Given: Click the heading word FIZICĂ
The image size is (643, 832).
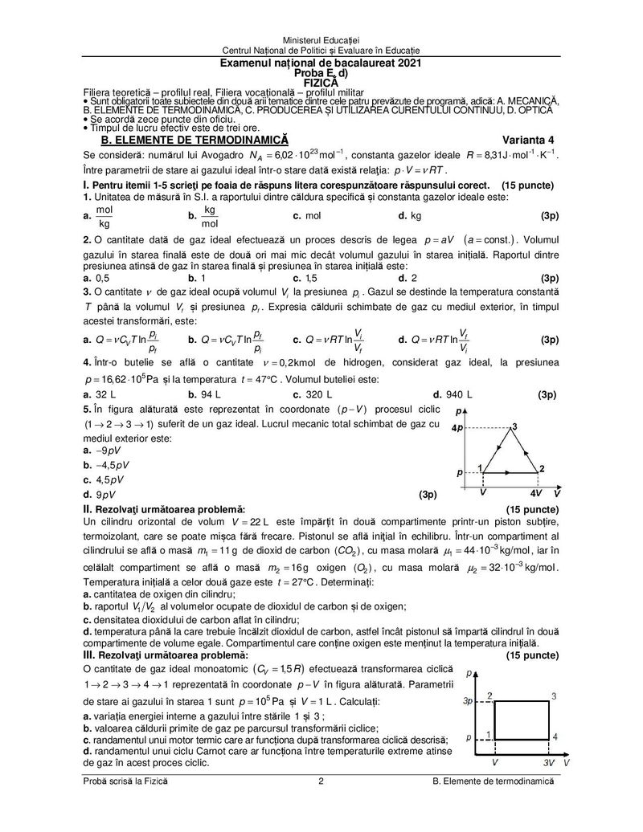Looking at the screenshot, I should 321,81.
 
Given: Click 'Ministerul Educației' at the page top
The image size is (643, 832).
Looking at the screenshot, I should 321,41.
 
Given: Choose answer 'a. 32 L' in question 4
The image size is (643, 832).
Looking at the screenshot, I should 100,394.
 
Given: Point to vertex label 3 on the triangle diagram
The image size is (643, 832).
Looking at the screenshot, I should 514,426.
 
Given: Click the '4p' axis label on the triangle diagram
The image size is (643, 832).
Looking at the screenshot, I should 457,427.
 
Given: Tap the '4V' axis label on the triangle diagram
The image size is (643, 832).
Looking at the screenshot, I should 534,491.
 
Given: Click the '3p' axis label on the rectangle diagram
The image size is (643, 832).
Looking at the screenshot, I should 467,701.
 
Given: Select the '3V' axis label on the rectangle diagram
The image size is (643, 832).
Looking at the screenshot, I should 549,760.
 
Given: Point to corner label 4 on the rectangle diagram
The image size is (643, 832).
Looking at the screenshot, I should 555,736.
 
